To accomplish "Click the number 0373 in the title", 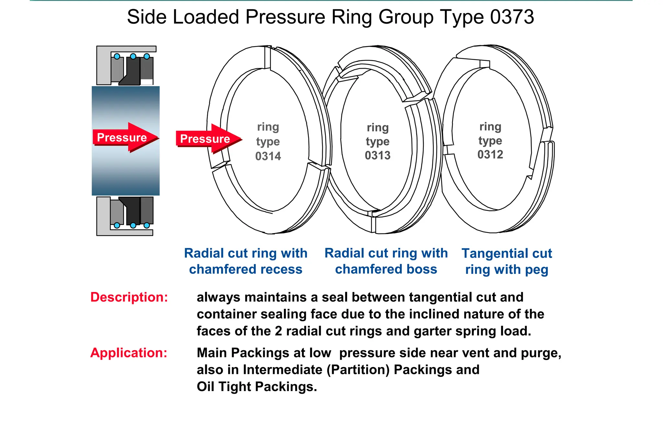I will (512, 17).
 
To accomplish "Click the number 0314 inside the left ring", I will (268, 156).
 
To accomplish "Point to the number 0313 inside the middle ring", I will (377, 156).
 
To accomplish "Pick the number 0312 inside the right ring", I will (490, 155).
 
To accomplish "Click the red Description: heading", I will (129, 297).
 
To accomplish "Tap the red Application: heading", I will (129, 353).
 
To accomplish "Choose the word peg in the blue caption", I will (536, 270).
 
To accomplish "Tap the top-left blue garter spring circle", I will (117, 56).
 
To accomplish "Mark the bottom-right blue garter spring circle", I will (147, 225).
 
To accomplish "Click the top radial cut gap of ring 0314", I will (267, 57).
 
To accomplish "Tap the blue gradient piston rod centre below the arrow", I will (126, 172).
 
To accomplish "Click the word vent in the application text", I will (476, 353).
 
